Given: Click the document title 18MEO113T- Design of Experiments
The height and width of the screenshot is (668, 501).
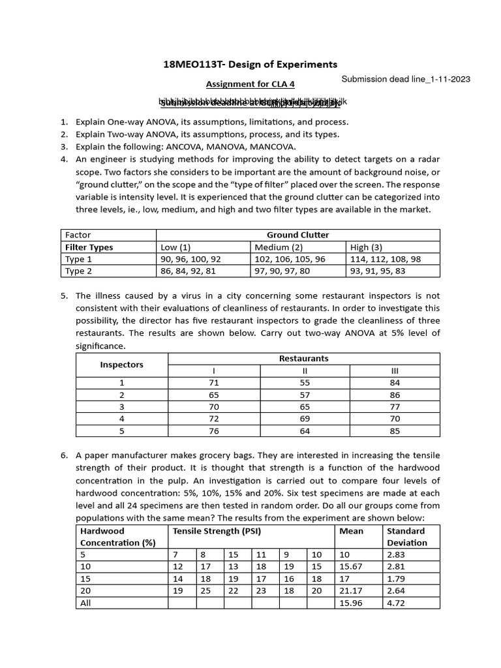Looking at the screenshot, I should click(x=250, y=64).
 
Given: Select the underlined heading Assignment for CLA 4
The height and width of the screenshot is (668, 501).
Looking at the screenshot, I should click(x=250, y=84).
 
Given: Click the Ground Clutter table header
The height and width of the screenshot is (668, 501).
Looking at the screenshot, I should click(x=297, y=235).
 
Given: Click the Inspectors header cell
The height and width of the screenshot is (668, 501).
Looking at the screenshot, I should click(x=121, y=365).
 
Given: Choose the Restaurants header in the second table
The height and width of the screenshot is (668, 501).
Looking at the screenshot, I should click(x=304, y=358).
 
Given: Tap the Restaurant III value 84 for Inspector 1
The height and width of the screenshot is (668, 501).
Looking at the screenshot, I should click(x=395, y=383).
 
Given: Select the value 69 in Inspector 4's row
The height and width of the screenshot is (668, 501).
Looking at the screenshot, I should click(x=304, y=419).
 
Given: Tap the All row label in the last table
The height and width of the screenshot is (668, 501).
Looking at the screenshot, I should click(x=85, y=603).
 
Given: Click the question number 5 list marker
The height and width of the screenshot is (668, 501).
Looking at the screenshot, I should click(x=64, y=296).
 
